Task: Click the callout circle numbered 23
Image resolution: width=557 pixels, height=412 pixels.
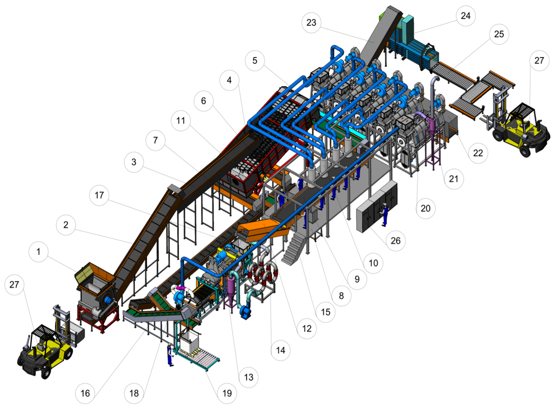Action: tap(311, 23)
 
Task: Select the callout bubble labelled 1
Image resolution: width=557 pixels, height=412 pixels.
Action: tap(38, 252)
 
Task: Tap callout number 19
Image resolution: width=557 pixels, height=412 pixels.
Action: tap(227, 393)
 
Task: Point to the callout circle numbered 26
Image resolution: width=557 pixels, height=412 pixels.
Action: tap(395, 241)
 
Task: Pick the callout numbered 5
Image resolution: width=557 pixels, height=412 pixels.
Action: tap(255, 61)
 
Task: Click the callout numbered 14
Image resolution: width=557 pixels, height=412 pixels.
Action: tap(280, 351)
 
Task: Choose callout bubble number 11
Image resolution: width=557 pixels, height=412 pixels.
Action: tap(181, 121)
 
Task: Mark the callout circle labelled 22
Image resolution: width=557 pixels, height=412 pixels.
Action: tap(478, 153)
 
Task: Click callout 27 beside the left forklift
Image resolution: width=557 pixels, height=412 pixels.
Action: tap(14, 285)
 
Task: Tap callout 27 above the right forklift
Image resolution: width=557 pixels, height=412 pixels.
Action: tap(539, 61)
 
